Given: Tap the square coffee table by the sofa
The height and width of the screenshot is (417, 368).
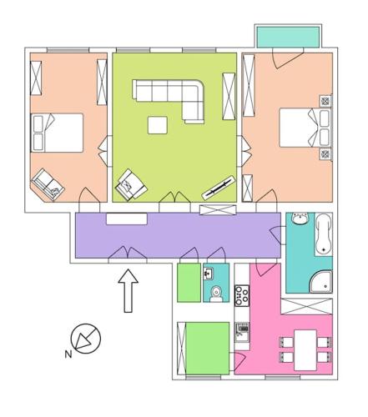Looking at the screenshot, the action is click(x=158, y=125).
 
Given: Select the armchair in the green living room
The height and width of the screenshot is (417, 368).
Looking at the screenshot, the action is click(x=131, y=185).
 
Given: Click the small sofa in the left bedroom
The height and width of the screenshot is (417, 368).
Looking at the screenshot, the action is click(x=48, y=184).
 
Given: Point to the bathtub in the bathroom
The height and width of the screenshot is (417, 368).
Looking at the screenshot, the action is click(x=324, y=234).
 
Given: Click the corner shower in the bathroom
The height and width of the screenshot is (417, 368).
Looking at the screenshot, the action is click(x=323, y=282).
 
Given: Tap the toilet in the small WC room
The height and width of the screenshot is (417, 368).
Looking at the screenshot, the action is click(x=216, y=294).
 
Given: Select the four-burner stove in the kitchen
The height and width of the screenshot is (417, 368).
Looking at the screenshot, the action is click(x=242, y=296).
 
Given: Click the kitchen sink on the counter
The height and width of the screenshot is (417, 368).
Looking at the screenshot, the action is click(x=242, y=332).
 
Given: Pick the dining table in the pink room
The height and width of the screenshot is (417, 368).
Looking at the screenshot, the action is click(x=305, y=350).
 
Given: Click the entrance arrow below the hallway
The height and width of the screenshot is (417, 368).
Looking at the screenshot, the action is click(x=128, y=291).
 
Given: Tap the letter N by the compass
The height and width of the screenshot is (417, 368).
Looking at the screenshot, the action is click(x=68, y=354).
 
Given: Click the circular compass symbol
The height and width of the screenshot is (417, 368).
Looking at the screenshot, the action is click(x=86, y=339).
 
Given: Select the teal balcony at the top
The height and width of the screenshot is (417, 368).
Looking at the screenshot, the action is click(x=288, y=37).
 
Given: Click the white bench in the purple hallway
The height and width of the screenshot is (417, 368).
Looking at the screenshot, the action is click(x=127, y=219).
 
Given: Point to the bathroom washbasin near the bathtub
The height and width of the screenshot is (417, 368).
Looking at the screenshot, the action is click(x=300, y=218).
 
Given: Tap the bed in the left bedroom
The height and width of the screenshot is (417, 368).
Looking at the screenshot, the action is click(x=57, y=133).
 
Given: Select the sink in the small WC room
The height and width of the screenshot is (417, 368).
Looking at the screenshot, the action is click(x=209, y=274).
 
